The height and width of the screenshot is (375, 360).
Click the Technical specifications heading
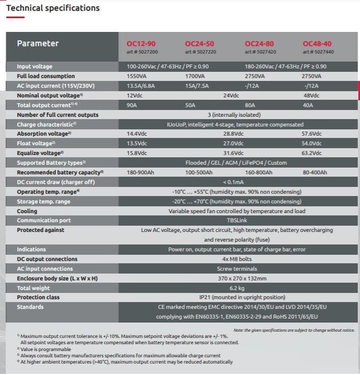point(52,8)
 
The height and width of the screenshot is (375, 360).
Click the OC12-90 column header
point(141,43)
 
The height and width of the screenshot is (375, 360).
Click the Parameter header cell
point(38,43)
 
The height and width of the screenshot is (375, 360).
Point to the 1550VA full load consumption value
point(137,76)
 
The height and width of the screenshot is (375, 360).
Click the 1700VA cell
point(195,76)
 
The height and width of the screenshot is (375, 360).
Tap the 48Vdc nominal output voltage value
point(313,95)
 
